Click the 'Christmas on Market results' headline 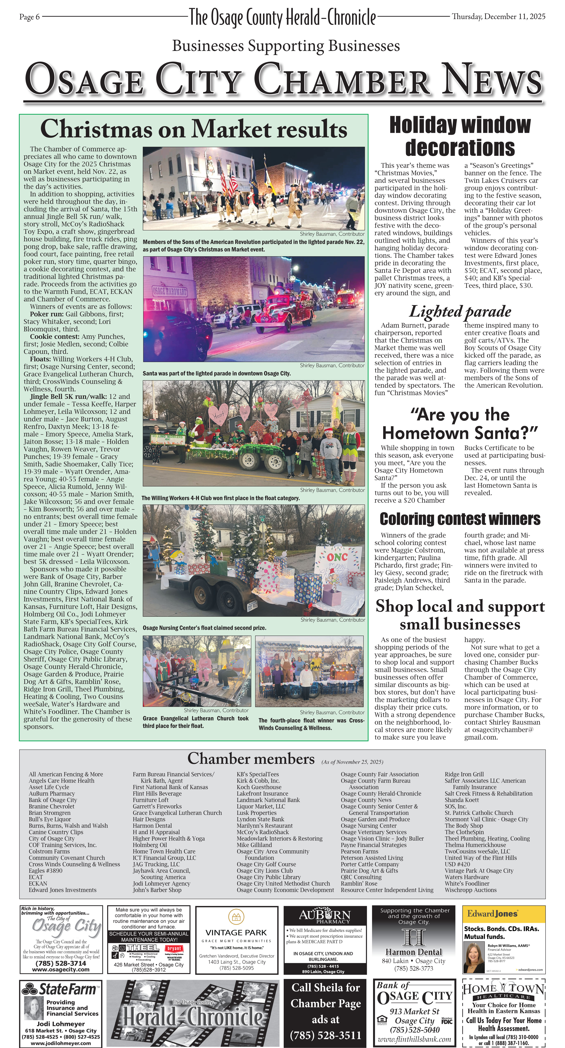coord(193,129)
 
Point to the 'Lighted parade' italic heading coord(460,312)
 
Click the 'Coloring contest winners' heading coord(460,519)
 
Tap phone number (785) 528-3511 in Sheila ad coord(326,1035)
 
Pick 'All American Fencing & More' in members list coord(66,774)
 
